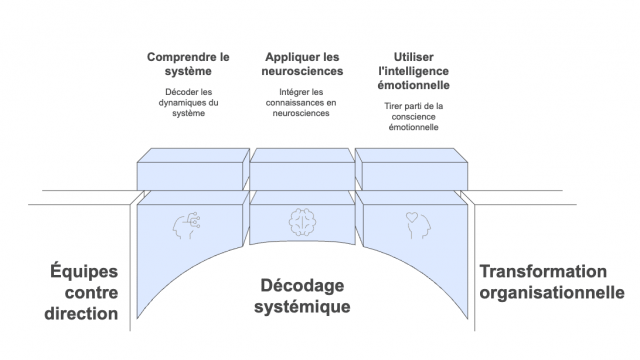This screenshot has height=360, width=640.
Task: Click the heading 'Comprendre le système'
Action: (188, 64)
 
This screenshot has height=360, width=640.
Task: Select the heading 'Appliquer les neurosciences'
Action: (303, 64)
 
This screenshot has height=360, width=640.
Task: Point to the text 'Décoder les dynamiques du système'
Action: (188, 103)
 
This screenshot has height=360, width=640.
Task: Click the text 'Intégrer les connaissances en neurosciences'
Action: (303, 103)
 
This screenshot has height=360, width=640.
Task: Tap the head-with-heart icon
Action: (415, 222)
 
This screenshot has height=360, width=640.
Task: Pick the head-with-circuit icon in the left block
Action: (189, 222)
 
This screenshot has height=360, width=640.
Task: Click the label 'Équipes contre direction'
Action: (84, 292)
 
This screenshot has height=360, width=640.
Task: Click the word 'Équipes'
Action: (84, 271)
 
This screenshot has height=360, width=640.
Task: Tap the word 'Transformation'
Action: (543, 271)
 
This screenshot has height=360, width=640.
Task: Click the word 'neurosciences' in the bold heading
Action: (303, 71)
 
